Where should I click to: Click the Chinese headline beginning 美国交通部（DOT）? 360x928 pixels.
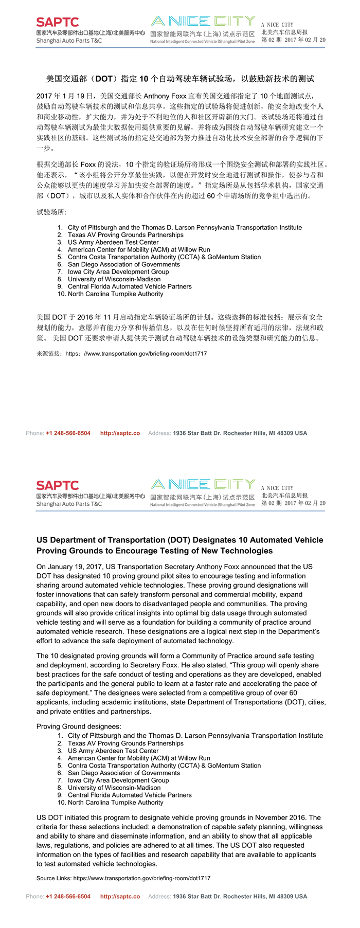pos(180,79)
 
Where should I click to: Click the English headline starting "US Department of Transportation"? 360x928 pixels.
pos(179,545)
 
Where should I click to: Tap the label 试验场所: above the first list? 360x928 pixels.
pos(51,212)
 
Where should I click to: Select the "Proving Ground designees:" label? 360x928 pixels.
pos(79,726)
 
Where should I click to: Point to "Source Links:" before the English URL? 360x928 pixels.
pos(54,878)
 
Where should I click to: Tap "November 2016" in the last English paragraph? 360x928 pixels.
pos(282,817)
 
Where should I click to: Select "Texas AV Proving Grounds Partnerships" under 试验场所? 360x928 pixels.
pos(125,235)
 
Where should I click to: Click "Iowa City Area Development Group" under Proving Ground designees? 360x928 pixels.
pos(118,780)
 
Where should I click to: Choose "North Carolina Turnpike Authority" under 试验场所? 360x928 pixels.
pos(115,294)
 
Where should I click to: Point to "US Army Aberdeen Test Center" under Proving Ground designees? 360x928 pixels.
pos(113,751)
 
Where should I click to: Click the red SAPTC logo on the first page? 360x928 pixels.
pos(57,22)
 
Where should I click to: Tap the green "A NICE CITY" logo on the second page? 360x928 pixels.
pos(203,484)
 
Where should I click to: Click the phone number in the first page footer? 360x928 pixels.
pos(68,433)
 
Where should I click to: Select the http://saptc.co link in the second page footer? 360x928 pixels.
pos(120,897)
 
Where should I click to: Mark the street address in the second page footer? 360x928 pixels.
pos(240,897)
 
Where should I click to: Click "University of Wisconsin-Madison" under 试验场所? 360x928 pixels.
pos(114,279)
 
